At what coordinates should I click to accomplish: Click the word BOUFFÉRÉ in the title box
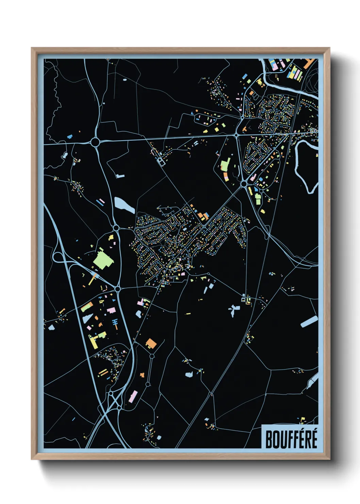pos(291,439)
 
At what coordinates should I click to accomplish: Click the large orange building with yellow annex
pos(151,343)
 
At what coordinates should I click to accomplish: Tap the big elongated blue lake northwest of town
pos(124,205)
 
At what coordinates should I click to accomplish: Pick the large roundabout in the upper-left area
pos(95,142)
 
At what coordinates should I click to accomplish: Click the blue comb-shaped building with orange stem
pos(115,323)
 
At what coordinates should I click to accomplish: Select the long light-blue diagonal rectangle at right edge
pos(309,321)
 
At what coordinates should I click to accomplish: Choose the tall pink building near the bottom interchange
pos(133,396)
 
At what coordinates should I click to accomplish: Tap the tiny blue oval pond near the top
pos(125,80)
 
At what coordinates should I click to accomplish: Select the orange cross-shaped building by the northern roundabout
pos(244,129)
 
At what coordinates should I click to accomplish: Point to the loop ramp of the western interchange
pos(58,257)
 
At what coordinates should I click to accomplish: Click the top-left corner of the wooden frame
pos(32,48)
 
